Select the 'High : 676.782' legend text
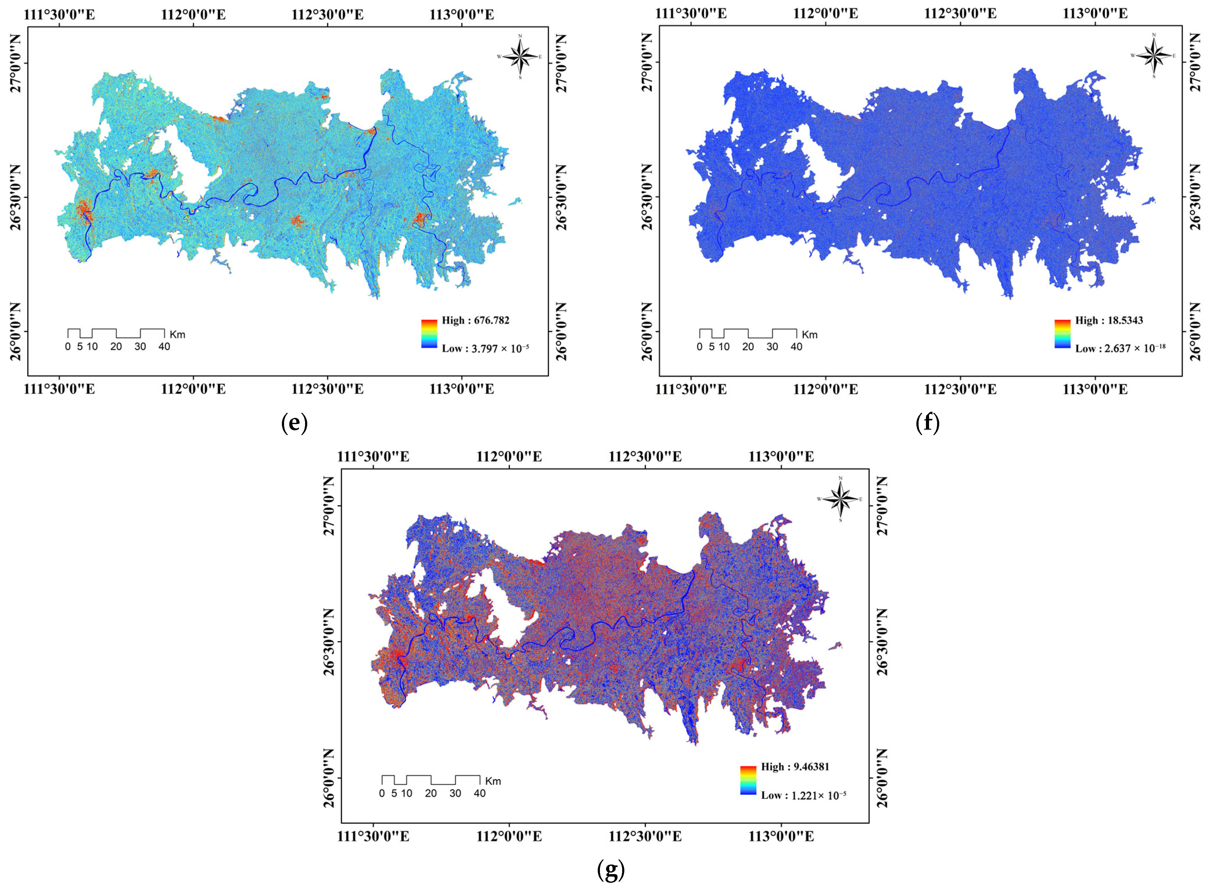tap(475, 320)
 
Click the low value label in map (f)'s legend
tap(1120, 348)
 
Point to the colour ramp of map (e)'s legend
tap(429, 334)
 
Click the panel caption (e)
tap(295, 423)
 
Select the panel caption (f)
tap(928, 423)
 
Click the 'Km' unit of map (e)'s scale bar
tap(178, 334)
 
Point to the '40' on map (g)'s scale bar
tap(479, 793)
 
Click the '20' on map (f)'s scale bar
tap(748, 347)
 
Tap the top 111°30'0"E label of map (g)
tap(374, 457)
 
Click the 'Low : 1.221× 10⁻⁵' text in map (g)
tap(803, 795)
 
